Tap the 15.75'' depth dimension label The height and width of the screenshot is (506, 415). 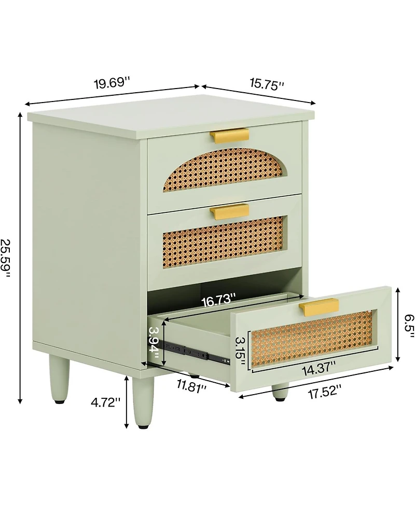(267, 85)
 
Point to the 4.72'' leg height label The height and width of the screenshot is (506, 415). (105, 402)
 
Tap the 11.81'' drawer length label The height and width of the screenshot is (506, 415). (191, 385)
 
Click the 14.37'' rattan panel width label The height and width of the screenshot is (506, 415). (319, 369)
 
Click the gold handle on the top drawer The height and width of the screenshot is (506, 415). (229, 135)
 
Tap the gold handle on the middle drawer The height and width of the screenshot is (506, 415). (229, 210)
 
